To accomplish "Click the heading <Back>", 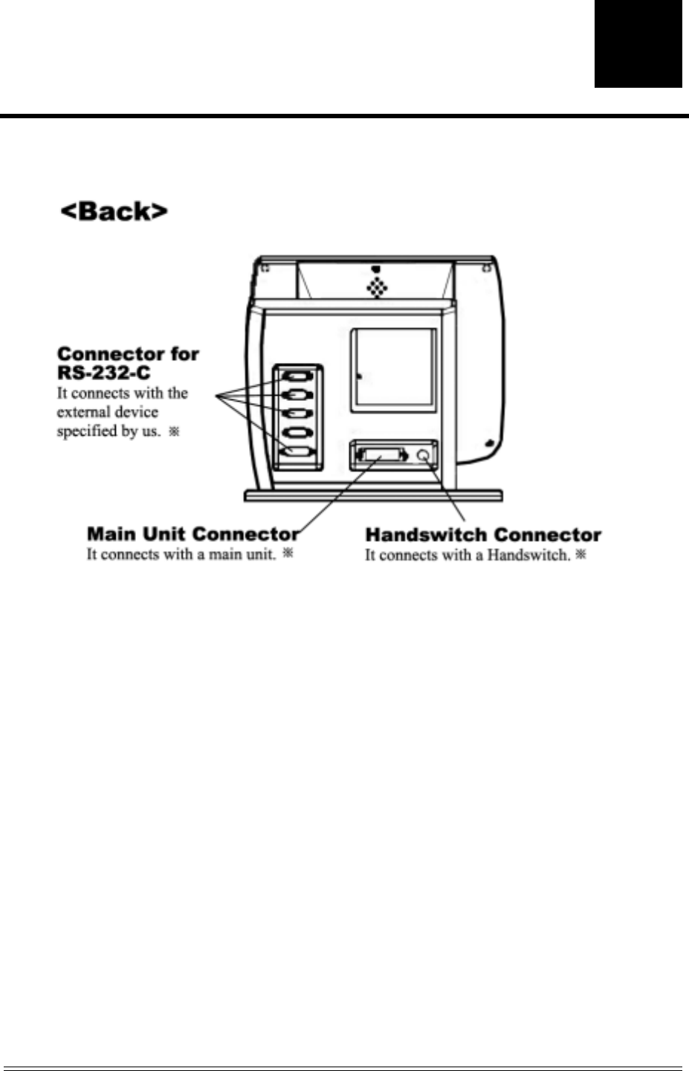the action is (114, 212).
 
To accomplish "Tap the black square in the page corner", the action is (638, 44).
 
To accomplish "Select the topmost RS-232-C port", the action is (298, 376).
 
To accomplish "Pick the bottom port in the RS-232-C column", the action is (298, 452).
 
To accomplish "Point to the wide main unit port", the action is (382, 454).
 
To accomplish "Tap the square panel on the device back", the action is (393, 370).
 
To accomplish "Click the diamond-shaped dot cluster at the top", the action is (378, 288).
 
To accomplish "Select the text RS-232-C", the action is (104, 373).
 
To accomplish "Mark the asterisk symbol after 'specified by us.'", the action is (174, 431).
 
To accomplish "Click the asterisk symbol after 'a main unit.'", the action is (289, 554).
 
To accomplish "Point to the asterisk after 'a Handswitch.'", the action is (581, 554).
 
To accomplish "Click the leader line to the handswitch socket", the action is (445, 491).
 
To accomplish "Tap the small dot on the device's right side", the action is (489, 444).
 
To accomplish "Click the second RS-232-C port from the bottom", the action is (298, 433).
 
